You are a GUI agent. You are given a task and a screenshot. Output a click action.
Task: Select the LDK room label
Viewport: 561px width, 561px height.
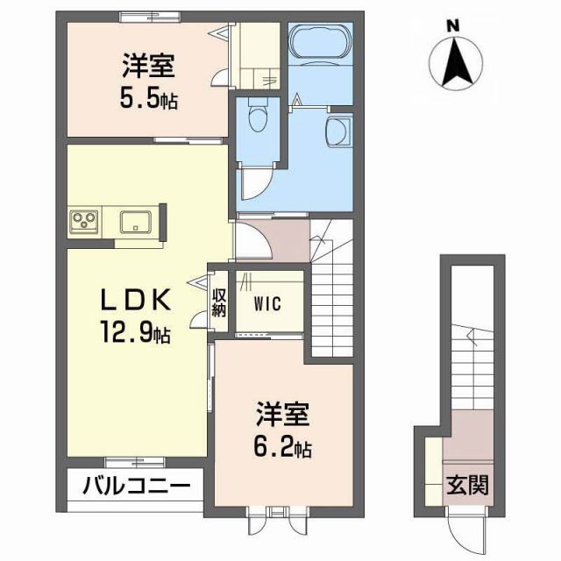(134, 301)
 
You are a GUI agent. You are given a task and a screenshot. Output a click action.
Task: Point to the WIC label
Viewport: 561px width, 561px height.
(268, 305)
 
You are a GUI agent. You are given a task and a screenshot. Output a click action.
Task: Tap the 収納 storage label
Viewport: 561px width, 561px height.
(218, 302)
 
